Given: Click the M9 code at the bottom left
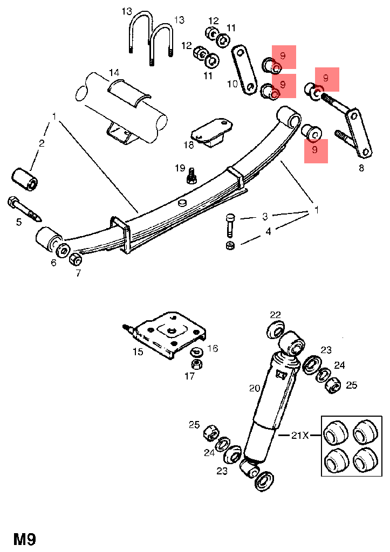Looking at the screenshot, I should tap(25, 539).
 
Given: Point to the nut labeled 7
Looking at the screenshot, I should tap(76, 260).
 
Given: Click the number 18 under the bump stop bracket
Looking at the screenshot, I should tap(188, 144).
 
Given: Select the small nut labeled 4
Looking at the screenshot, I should tap(230, 246).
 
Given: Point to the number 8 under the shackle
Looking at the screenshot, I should tap(361, 168).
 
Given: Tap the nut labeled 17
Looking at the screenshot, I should tap(197, 363).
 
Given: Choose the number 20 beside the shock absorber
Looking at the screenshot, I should tap(255, 388).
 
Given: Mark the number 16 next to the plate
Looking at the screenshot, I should tap(213, 349).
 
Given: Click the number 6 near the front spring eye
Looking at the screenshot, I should tap(53, 263).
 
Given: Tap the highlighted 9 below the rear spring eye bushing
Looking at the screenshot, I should tap(316, 150).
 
